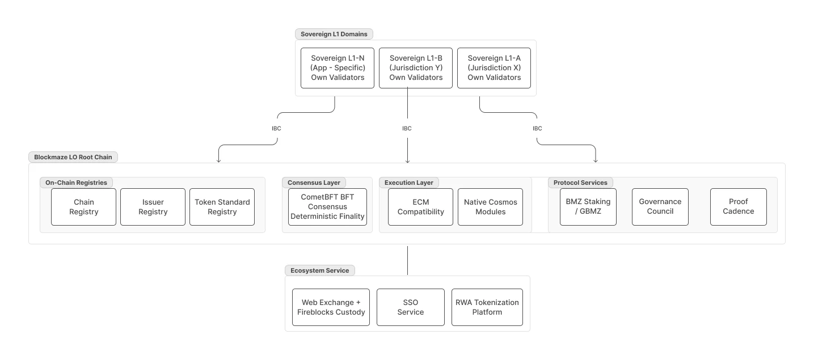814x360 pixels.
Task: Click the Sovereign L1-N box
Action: (x=337, y=68)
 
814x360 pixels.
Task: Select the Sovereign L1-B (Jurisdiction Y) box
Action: (x=415, y=68)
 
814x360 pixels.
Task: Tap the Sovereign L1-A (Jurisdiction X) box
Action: (x=494, y=68)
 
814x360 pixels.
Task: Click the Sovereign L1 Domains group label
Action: (x=334, y=34)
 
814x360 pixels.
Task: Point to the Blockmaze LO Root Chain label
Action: (x=73, y=157)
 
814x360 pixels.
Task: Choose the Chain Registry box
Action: (x=83, y=207)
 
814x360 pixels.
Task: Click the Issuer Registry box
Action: (x=153, y=207)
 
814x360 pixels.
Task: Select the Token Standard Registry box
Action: (x=222, y=207)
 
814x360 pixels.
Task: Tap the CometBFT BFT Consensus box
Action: (x=327, y=207)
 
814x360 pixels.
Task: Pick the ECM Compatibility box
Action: (x=420, y=207)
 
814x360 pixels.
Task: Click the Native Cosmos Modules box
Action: (x=490, y=207)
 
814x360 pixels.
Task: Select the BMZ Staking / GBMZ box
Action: (x=588, y=207)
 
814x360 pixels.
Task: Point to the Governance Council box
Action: (x=660, y=207)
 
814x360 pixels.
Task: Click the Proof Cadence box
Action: (x=738, y=207)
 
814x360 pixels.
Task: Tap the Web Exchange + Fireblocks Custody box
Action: (x=331, y=307)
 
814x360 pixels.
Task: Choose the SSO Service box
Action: (x=410, y=307)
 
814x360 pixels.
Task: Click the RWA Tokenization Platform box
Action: (x=487, y=307)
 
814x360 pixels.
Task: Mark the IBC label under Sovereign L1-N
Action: (x=276, y=129)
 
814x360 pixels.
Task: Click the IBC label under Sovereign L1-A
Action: (x=537, y=129)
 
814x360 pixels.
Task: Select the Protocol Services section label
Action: (x=580, y=183)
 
